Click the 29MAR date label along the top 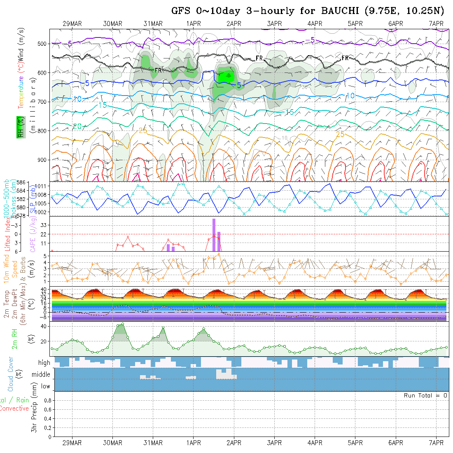[x=72, y=23]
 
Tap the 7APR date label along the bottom [x=436, y=443]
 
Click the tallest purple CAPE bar [x=214, y=235]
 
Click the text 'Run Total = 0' [x=425, y=395]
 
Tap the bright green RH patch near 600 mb [x=226, y=76]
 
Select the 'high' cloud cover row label [x=44, y=363]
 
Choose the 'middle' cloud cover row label [x=41, y=375]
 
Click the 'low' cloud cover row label [x=45, y=386]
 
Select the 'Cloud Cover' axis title [x=11, y=374]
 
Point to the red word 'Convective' [x=14, y=409]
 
